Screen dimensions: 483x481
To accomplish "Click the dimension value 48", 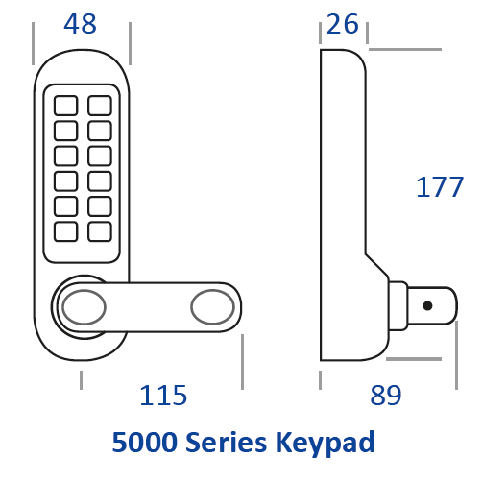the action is pyautogui.click(x=80, y=24).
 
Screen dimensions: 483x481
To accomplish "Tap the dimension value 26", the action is pyautogui.click(x=343, y=24).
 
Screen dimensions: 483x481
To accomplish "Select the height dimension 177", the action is pyautogui.click(x=440, y=187).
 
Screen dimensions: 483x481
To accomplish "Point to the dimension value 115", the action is pyautogui.click(x=163, y=396).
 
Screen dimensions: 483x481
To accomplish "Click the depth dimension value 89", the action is pyautogui.click(x=386, y=396).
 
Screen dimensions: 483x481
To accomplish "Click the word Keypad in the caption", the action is pyautogui.click(x=325, y=443).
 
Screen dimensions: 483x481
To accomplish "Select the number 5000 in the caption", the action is pyautogui.click(x=145, y=442).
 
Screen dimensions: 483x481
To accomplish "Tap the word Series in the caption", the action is pyautogui.click(x=226, y=442).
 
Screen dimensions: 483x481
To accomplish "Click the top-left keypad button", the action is pyautogui.click(x=66, y=106).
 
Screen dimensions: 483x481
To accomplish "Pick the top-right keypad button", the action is pyautogui.click(x=100, y=106).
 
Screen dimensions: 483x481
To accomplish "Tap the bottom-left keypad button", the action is pyautogui.click(x=66, y=231).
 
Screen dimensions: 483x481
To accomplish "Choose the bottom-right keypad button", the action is pyautogui.click(x=100, y=231).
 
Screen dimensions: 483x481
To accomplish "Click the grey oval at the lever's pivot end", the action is pyautogui.click(x=84, y=307).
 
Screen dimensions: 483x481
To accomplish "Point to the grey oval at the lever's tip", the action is pyautogui.click(x=213, y=307).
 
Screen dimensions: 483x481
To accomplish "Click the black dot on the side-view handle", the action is pyautogui.click(x=427, y=306).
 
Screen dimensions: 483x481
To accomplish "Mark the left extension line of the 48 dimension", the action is pyautogui.click(x=33, y=43).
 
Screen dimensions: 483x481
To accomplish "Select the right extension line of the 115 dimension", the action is pyautogui.click(x=242, y=362).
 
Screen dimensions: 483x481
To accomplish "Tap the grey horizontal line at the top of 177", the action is pyautogui.click(x=405, y=49).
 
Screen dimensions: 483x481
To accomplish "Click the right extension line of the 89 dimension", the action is pyautogui.click(x=456, y=355).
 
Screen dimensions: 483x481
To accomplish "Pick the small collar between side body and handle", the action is pyautogui.click(x=398, y=306).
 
